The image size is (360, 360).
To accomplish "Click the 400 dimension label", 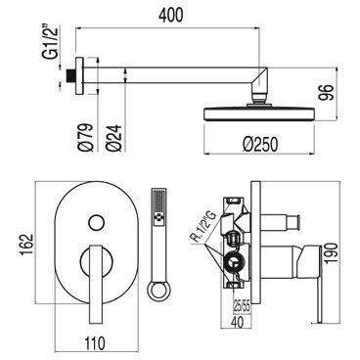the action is (170, 15).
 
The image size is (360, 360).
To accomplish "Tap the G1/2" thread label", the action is (51, 42).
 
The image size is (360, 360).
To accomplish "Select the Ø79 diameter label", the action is (86, 137).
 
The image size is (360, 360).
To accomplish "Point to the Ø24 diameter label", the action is (113, 138).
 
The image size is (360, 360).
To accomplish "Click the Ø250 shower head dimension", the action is (260, 144).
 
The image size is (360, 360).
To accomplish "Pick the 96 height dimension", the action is (327, 92).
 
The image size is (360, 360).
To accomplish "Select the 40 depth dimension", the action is (239, 322).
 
